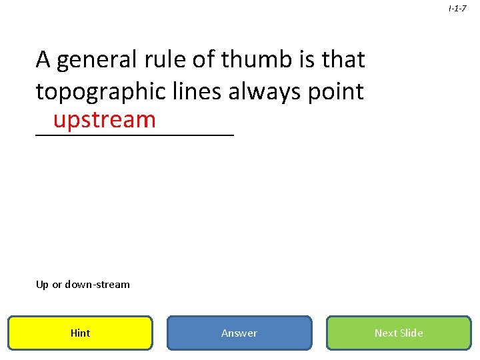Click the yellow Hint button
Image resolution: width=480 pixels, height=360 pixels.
pos(80,333)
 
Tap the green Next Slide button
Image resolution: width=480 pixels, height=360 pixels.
pos(398,333)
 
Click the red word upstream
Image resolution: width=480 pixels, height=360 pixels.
pos(105,120)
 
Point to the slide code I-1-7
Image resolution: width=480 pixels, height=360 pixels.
pos(457,9)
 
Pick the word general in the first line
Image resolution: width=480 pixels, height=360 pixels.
pos(96,61)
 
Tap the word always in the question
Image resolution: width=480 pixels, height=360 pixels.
pos(265,92)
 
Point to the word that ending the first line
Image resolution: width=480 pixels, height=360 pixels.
pos(343,60)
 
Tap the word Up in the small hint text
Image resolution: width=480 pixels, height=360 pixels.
pos(42,285)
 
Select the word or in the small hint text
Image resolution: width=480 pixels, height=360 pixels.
pos(57,285)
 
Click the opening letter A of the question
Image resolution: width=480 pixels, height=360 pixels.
pos(43,60)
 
